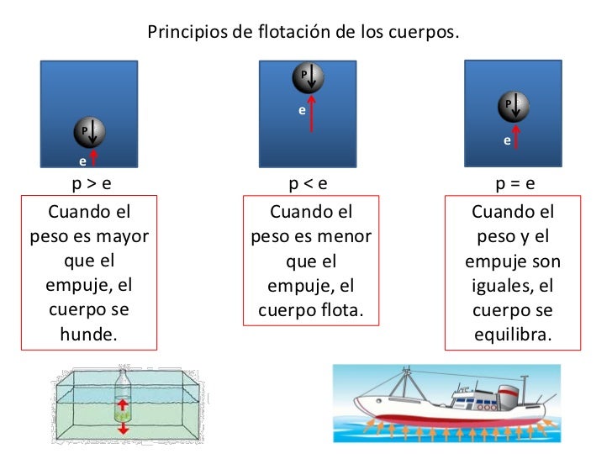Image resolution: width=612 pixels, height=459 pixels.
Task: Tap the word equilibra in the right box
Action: pyautogui.click(x=513, y=334)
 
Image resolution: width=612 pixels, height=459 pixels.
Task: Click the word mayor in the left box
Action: pyautogui.click(x=124, y=236)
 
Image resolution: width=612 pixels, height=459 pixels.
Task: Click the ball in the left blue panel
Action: pyautogui.click(x=87, y=131)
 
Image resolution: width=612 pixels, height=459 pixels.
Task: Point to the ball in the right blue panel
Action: pyautogui.click(x=513, y=106)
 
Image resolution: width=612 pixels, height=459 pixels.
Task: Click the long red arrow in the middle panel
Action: pyautogui.click(x=313, y=113)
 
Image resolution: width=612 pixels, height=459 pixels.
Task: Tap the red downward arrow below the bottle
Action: pyautogui.click(x=124, y=428)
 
